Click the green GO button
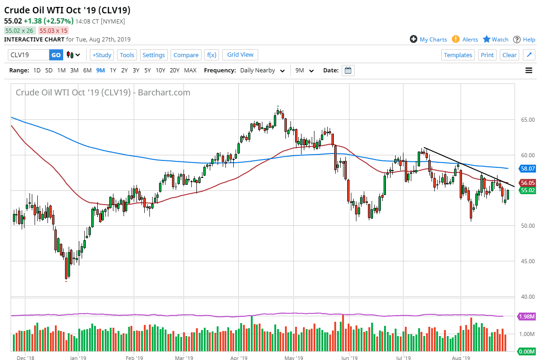click(x=56, y=55)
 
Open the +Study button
click(x=102, y=55)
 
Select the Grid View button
click(x=240, y=54)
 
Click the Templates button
click(x=458, y=55)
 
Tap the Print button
click(x=487, y=55)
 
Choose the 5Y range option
click(x=148, y=71)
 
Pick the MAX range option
click(x=190, y=71)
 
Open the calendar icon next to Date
click(x=348, y=71)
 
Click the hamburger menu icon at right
click(x=529, y=71)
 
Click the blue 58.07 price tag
click(x=527, y=169)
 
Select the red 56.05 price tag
click(x=527, y=183)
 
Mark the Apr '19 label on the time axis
click(x=240, y=357)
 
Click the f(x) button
click(x=212, y=55)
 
